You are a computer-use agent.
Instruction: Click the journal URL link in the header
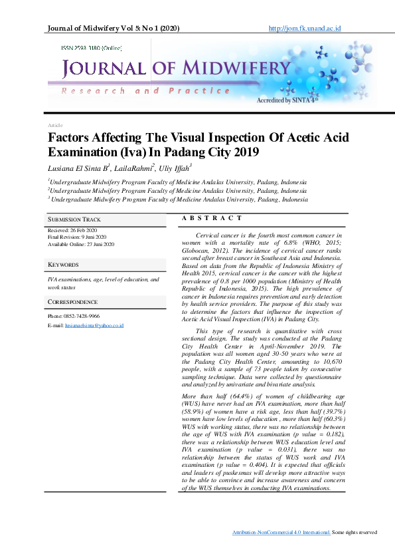304,29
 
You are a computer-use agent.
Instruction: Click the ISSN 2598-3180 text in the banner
92,49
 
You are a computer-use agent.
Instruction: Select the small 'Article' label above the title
55,125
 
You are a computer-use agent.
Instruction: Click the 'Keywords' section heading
64,265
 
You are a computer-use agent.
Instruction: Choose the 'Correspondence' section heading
73,302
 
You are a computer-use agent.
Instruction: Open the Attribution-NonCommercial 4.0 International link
281,532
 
